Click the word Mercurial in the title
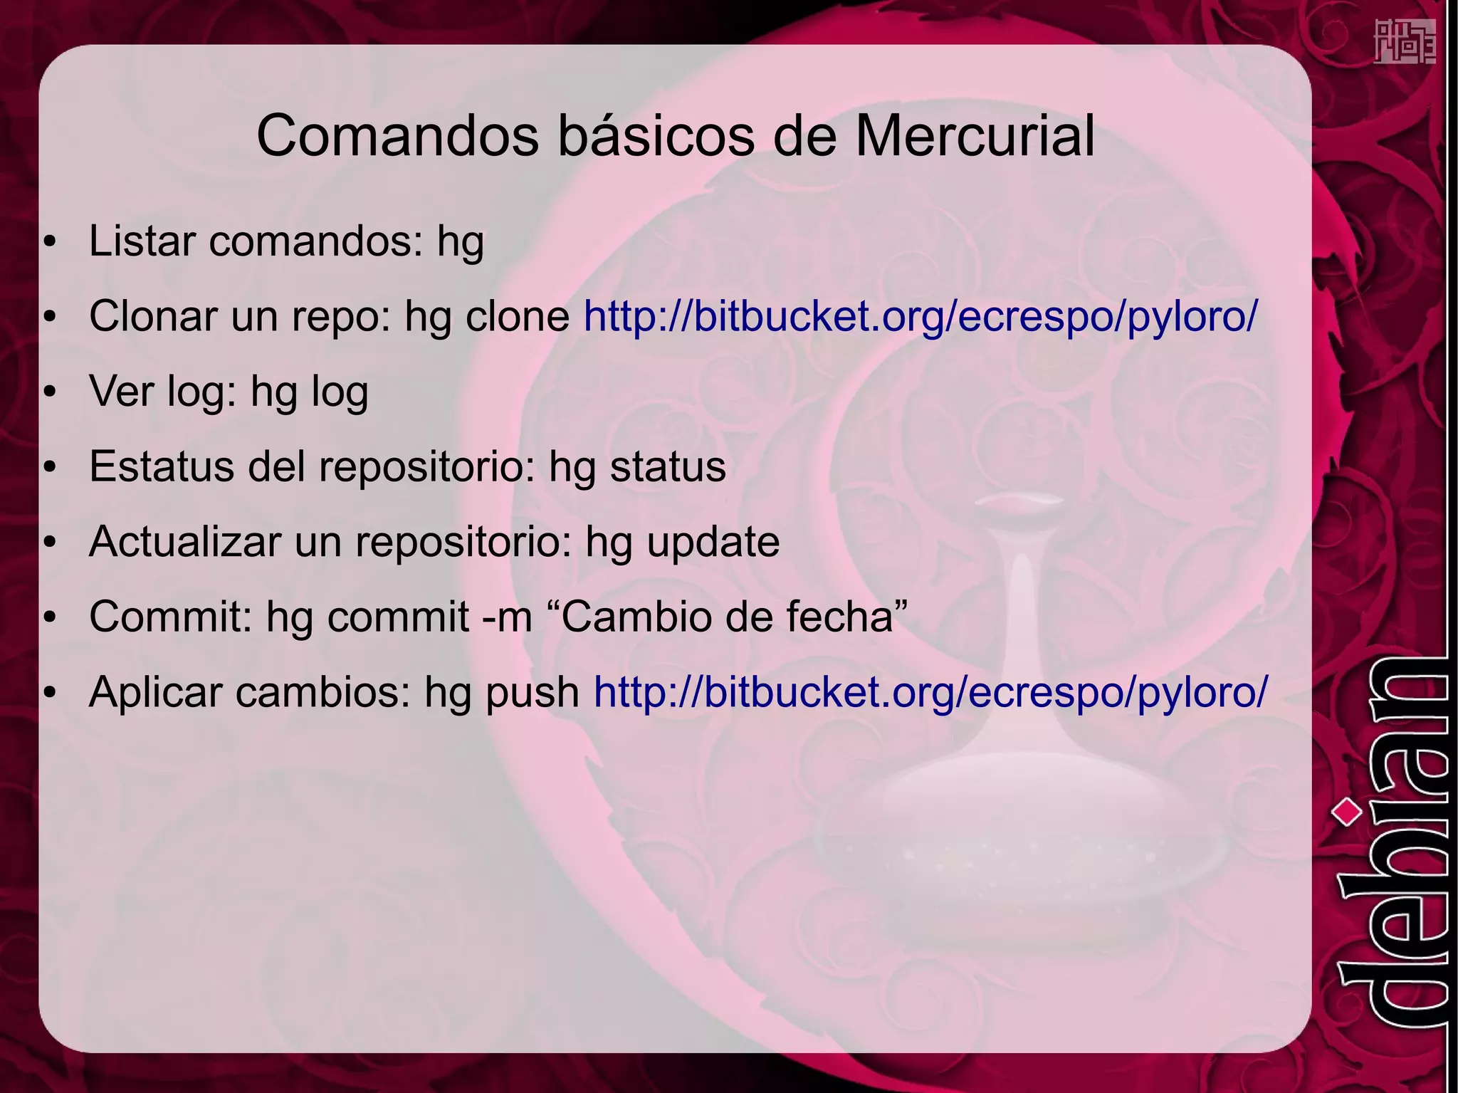click(974, 136)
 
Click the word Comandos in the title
click(397, 136)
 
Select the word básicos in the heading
click(656, 136)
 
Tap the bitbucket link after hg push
click(930, 691)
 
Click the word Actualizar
click(185, 541)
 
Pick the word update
click(713, 543)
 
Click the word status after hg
click(668, 466)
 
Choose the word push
click(532, 693)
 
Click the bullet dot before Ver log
click(49, 392)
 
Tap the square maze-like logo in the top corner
click(1404, 42)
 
